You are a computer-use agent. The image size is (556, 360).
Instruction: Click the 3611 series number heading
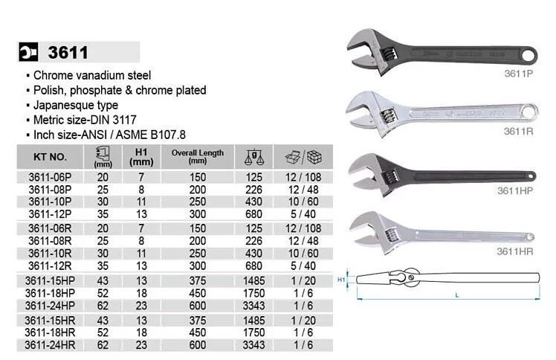68,53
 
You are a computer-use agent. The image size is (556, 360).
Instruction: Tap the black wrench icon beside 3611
28,52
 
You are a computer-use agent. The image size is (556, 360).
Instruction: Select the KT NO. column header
50,157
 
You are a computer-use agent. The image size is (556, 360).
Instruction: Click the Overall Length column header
198,156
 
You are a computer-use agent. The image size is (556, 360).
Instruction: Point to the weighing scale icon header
254,157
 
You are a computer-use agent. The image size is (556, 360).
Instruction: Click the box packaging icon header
303,157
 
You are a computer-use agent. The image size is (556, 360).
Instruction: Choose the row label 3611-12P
50,214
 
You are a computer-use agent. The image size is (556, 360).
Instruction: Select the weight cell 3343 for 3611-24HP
254,306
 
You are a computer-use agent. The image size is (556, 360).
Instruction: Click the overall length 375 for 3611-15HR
198,321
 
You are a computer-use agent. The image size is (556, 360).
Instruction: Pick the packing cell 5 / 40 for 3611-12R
303,266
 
